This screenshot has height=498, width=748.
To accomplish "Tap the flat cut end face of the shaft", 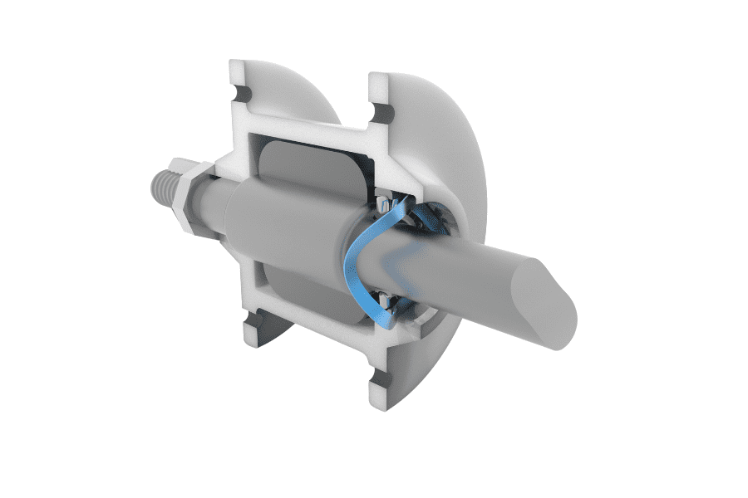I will point(541,302).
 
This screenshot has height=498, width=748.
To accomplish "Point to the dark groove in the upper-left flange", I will point(243,90).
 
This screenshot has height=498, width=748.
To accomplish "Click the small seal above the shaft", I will point(383,203).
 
